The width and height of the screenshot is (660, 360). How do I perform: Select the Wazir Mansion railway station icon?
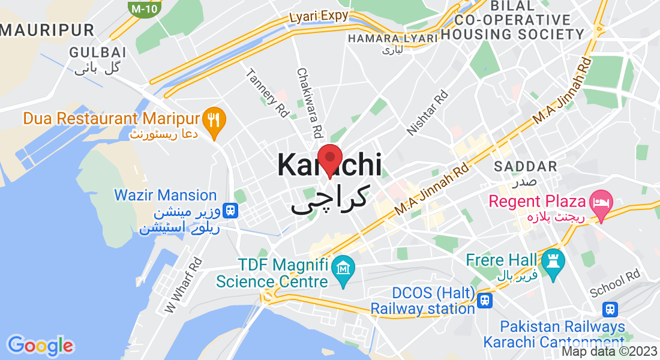229,211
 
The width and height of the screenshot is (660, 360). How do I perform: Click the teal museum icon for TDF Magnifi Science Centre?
343,265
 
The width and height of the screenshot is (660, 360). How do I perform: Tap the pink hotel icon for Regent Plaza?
600,200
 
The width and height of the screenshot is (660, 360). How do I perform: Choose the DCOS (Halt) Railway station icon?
485,299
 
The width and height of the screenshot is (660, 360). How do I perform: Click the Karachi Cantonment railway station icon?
610,309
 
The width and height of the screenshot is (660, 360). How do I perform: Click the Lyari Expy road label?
318,16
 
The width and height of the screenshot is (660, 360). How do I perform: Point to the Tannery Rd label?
267,92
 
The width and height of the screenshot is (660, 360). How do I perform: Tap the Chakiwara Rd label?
310,102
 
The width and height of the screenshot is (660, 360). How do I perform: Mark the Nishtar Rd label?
427,112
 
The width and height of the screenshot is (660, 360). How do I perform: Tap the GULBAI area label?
98,52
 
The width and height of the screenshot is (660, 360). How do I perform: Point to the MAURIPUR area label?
47,29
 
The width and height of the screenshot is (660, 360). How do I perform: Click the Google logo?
40,345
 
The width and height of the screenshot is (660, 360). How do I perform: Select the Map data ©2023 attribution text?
608,352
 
